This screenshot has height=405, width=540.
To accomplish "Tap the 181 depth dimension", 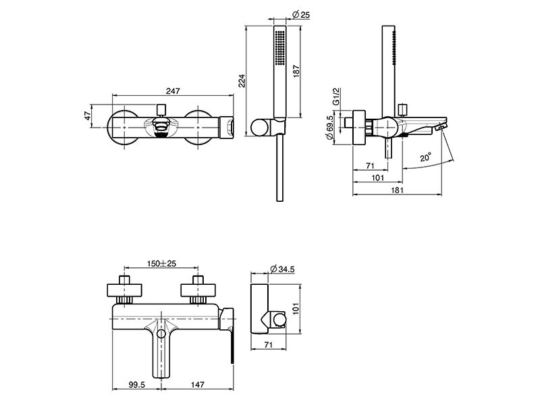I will [397, 191].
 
